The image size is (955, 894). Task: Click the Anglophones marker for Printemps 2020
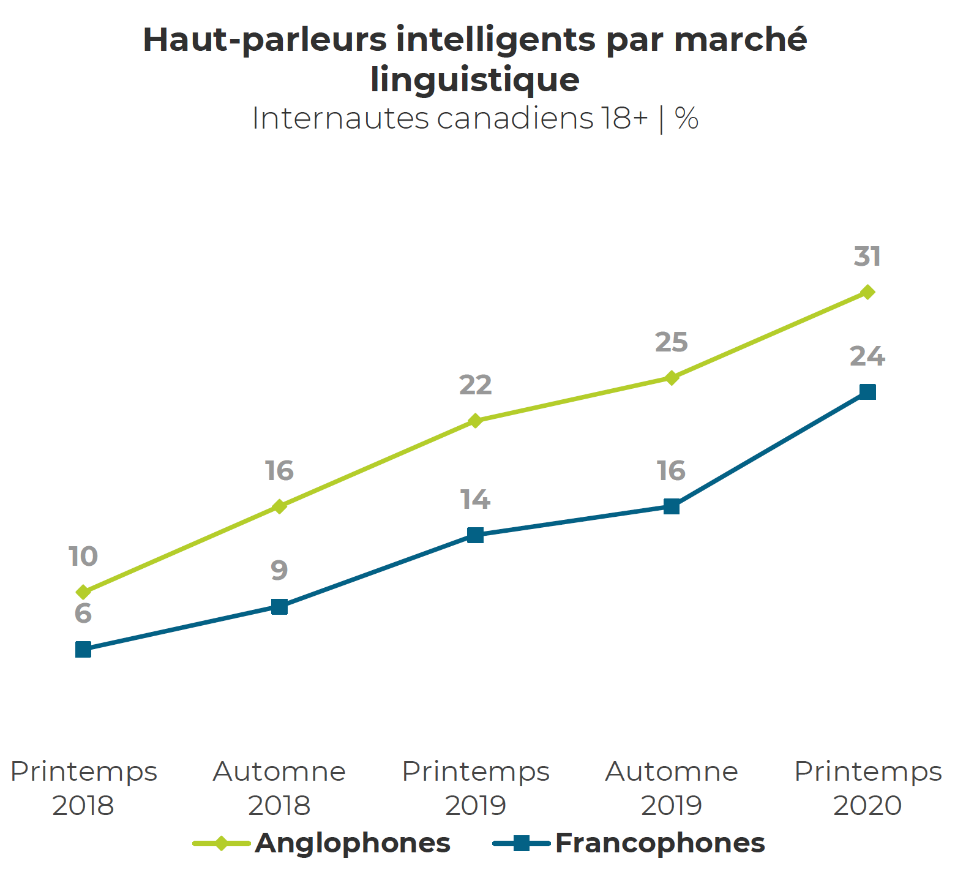pyautogui.click(x=867, y=292)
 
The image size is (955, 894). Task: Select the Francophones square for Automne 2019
pyautogui.click(x=672, y=506)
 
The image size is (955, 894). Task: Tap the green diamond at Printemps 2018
pyautogui.click(x=83, y=592)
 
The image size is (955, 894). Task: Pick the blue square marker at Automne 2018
pyautogui.click(x=279, y=607)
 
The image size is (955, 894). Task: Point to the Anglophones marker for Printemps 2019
pyautogui.click(x=475, y=421)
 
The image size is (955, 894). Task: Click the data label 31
pyautogui.click(x=867, y=257)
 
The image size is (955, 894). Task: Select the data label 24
pyautogui.click(x=867, y=356)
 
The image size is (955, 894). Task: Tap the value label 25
pyautogui.click(x=672, y=342)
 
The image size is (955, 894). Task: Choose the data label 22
pyautogui.click(x=476, y=385)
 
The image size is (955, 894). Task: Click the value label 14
pyautogui.click(x=476, y=500)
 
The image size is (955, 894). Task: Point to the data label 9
pyautogui.click(x=279, y=571)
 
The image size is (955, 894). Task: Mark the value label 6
pyautogui.click(x=83, y=614)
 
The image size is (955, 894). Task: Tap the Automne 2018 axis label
pyautogui.click(x=279, y=788)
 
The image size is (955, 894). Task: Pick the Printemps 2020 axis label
pyautogui.click(x=867, y=788)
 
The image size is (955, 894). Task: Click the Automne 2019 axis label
pyautogui.click(x=672, y=788)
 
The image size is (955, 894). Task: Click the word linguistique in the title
pyautogui.click(x=475, y=80)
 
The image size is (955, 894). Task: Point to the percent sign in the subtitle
pyautogui.click(x=687, y=118)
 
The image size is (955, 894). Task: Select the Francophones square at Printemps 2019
pyautogui.click(x=475, y=535)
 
